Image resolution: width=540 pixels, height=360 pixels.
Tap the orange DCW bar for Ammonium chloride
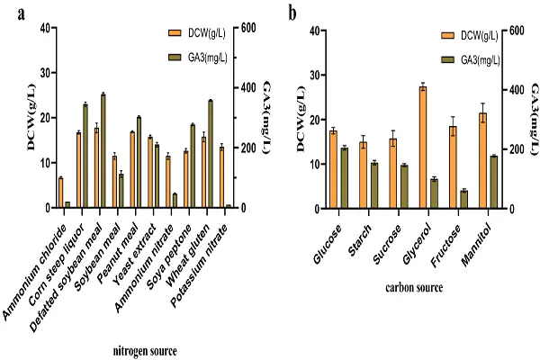coord(60,193)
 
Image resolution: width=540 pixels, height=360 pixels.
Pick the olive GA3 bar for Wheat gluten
coord(211,154)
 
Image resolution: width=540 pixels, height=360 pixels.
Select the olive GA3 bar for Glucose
coord(344,178)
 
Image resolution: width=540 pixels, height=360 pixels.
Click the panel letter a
coord(11,13)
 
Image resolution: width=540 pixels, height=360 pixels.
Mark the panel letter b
coord(292,13)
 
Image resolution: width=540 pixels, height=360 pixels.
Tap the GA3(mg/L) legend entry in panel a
coord(202,58)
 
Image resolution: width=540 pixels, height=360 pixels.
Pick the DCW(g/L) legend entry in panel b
coord(472,37)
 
